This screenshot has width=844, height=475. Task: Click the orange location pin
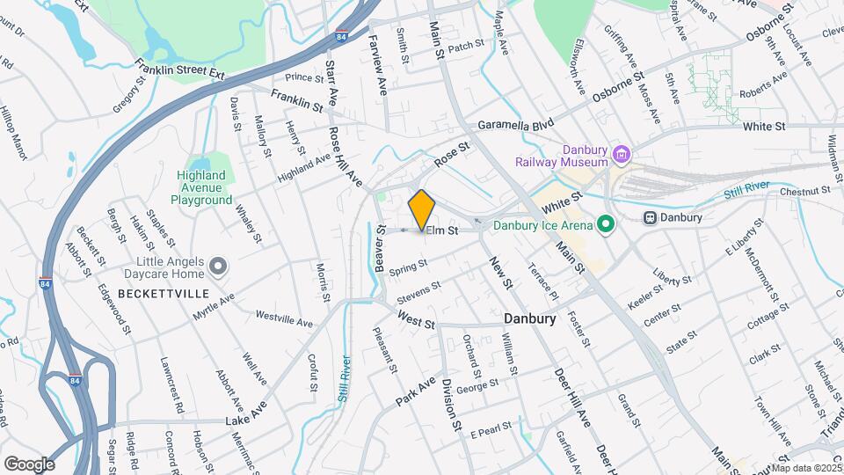pyautogui.click(x=422, y=209)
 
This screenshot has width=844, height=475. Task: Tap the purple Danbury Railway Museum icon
pyautogui.click(x=622, y=155)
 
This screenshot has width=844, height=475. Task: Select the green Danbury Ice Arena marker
pyautogui.click(x=605, y=225)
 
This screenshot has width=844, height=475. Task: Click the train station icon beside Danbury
pyautogui.click(x=651, y=217)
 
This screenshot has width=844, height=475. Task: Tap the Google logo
pyautogui.click(x=29, y=464)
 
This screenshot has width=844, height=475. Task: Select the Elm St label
pyautogui.click(x=441, y=231)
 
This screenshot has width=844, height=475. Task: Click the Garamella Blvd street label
pyautogui.click(x=519, y=127)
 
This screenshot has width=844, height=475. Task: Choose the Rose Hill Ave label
pyautogui.click(x=346, y=157)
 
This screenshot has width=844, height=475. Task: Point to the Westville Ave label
pyautogui.click(x=284, y=318)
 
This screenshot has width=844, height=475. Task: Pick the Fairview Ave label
pyautogui.click(x=377, y=65)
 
